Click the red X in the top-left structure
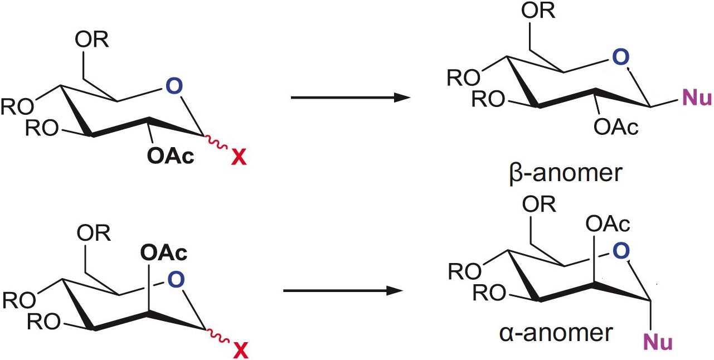[x=238, y=159]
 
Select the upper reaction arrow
[x=351, y=98]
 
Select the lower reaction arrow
[x=343, y=290]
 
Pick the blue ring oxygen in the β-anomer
[x=620, y=57]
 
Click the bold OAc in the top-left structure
[x=171, y=156]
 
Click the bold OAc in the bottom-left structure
[x=164, y=253]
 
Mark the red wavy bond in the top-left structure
[x=213, y=147]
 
